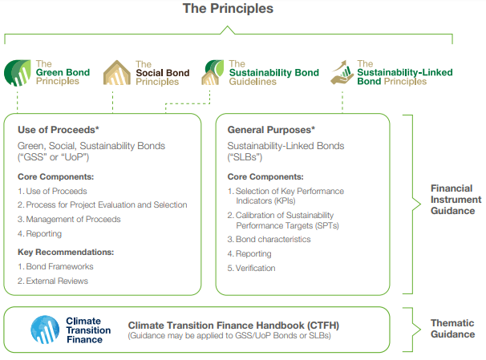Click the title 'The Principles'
click(228, 9)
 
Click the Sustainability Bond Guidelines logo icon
click(214, 72)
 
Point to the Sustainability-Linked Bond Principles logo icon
click(344, 72)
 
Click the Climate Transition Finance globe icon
click(46, 329)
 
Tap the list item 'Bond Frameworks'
click(55, 265)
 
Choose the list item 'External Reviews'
click(57, 281)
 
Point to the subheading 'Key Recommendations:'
click(64, 251)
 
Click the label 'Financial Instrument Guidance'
click(456, 199)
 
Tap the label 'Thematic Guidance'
click(452, 328)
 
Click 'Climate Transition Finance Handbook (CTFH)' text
click(232, 325)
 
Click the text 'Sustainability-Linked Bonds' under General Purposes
click(285, 145)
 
